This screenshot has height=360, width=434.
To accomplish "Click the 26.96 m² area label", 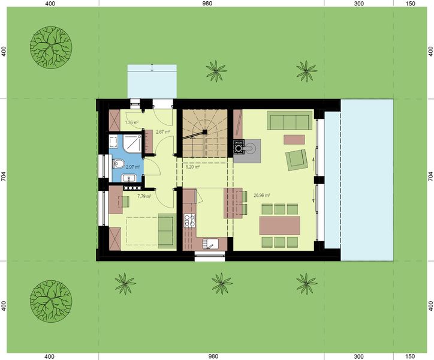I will (262, 195).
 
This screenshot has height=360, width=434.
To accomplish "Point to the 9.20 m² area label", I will (192, 168).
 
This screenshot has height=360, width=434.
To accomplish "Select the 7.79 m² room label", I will (144, 196).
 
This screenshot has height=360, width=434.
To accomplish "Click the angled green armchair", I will (296, 160).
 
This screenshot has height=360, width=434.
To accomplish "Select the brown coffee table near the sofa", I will (294, 139).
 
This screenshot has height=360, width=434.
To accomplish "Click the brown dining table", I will (280, 226).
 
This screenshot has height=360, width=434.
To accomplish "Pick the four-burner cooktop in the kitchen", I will (190, 221).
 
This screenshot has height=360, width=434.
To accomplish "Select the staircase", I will (205, 134).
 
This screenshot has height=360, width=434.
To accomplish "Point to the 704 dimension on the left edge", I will (4, 176).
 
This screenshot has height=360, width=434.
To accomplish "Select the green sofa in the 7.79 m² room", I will (165, 230).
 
